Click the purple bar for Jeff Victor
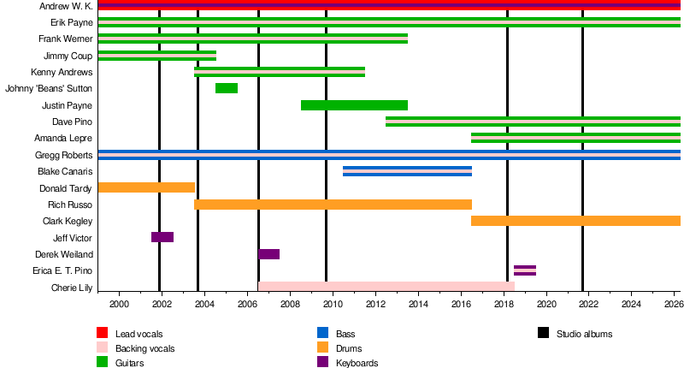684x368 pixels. click(162, 237)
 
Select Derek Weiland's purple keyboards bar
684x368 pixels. click(268, 254)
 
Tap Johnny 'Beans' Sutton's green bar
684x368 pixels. click(227, 88)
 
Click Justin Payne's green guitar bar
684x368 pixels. click(354, 105)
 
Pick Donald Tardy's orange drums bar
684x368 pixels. click(146, 187)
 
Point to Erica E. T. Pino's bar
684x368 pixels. click(525, 270)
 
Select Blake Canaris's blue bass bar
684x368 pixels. click(407, 171)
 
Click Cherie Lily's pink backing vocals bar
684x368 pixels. click(386, 287)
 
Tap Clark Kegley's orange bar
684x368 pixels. click(575, 221)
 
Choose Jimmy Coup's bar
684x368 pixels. click(157, 56)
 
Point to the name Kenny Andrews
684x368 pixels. click(62, 73)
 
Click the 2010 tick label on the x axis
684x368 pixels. click(333, 305)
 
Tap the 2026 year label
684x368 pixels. click(673, 305)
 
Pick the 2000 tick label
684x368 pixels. click(119, 305)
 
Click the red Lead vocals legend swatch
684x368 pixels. click(102, 333)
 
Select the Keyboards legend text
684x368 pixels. click(357, 363)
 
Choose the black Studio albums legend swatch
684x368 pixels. click(544, 333)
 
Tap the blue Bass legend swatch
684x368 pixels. click(322, 333)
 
